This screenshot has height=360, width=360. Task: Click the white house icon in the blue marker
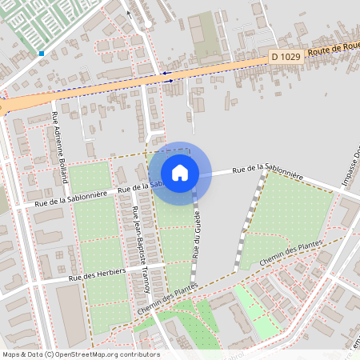coord(180,172)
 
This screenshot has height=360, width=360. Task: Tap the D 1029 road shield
coord(286,56)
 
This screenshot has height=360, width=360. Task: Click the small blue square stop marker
coord(41,54)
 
